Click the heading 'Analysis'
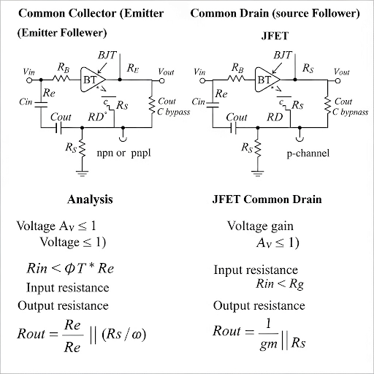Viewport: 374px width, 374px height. click(x=90, y=199)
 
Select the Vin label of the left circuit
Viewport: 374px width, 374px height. click(x=29, y=72)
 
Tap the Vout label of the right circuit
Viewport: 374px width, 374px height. click(x=341, y=72)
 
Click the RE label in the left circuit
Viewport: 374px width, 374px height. click(x=133, y=67)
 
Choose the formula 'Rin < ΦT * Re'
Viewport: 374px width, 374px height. click(x=65, y=269)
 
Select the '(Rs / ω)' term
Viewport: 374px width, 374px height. click(x=126, y=335)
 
